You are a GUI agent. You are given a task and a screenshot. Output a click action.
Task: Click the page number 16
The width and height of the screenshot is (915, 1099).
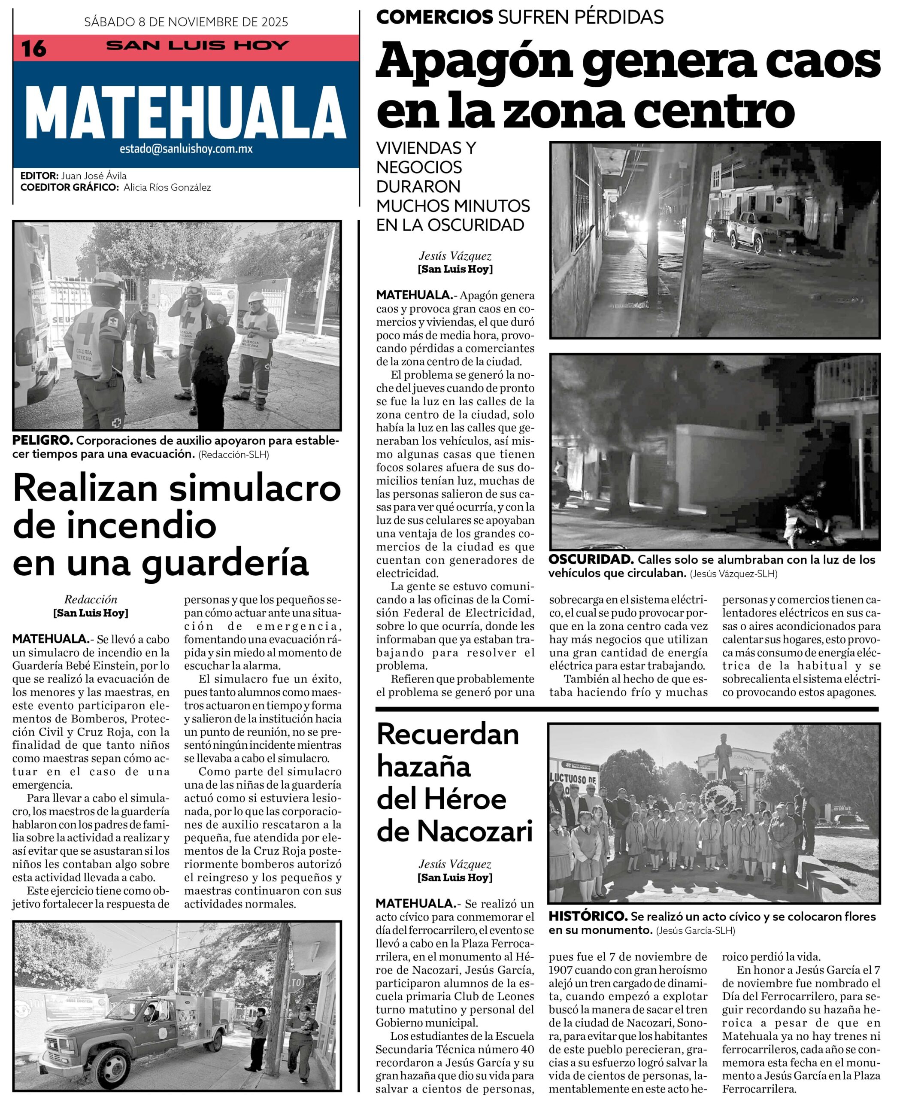coord(33,49)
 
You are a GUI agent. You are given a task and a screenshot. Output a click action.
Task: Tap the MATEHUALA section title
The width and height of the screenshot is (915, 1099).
coord(186,112)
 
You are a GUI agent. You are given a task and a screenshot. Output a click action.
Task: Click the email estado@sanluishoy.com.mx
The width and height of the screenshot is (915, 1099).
coord(186,149)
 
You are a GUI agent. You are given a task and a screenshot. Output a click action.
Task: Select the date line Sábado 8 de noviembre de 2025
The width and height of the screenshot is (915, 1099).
coord(186,22)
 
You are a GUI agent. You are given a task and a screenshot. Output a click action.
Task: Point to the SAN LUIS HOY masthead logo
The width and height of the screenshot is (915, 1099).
coord(197,46)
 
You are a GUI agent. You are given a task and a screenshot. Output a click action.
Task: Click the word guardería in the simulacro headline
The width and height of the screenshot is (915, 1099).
coord(225,562)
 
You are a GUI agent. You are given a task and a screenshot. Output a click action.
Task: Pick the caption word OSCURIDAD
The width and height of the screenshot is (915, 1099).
coord(591,559)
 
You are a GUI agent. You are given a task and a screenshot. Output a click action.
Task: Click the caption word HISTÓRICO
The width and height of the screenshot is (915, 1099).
coord(588,917)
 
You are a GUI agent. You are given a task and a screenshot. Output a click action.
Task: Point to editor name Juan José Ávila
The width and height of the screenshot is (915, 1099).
coord(94,176)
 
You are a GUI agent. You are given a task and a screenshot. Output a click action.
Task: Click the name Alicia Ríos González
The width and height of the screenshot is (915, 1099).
coord(167,187)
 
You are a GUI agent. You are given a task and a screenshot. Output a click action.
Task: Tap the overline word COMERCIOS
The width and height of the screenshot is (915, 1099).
coord(434,17)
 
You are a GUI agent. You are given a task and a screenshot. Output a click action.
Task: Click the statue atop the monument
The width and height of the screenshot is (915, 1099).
coord(724,753)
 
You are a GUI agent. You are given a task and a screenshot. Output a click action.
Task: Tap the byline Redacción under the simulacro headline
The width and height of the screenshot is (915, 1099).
coord(91,600)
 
